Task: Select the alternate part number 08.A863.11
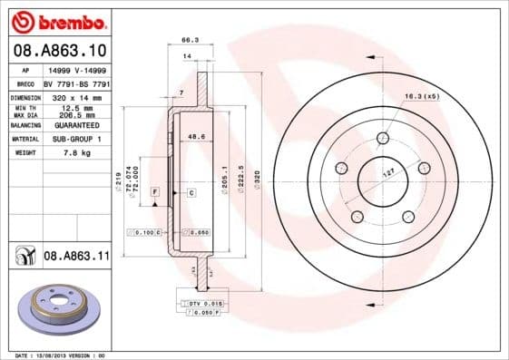tap(76, 257)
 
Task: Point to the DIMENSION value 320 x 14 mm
tap(74, 96)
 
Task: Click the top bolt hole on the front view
tap(381, 138)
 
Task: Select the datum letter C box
tap(191, 193)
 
